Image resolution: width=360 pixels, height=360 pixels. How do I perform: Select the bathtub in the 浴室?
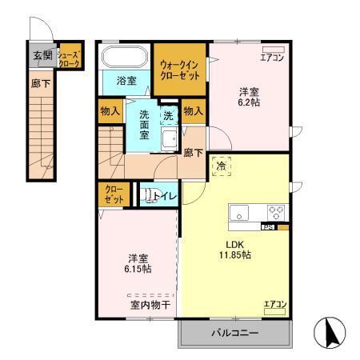124,58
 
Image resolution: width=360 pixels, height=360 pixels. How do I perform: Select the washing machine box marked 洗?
168,115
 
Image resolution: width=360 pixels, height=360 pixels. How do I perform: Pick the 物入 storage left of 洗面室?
110,111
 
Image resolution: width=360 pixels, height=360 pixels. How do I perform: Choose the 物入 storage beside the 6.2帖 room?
193,111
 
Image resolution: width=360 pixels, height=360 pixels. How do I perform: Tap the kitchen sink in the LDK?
242,213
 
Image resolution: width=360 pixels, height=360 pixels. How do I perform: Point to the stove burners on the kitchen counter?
275,213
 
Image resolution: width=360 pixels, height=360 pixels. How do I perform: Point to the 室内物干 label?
150,304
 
